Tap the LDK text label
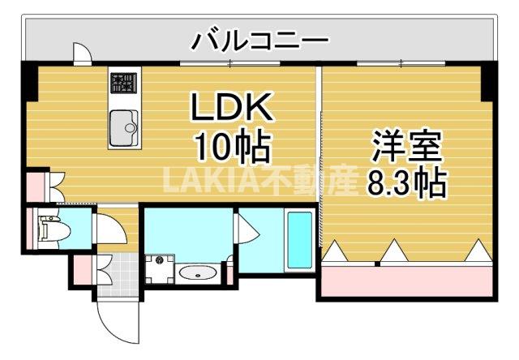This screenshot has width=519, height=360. [231, 108]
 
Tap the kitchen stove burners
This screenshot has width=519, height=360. [124, 82]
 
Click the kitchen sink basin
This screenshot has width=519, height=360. [124, 126]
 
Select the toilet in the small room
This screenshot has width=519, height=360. [49, 229]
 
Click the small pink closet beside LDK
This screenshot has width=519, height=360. [36, 187]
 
